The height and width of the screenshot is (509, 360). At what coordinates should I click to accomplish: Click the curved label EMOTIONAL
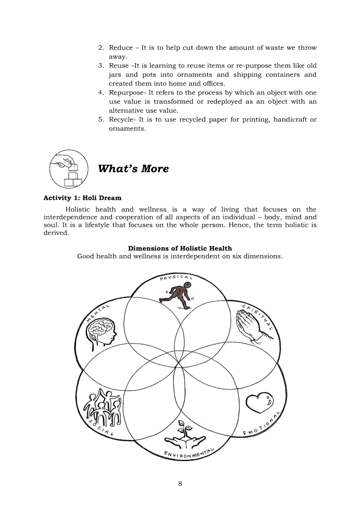tap(261, 424)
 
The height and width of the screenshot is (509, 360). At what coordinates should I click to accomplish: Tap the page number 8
tap(180, 484)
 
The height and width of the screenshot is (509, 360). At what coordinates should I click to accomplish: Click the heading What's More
tap(133, 169)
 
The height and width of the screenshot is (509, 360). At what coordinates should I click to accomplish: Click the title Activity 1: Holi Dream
tap(82, 198)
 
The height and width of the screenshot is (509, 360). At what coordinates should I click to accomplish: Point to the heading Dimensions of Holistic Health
tap(180, 248)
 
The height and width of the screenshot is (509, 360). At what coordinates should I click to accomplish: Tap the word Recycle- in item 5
tap(122, 120)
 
